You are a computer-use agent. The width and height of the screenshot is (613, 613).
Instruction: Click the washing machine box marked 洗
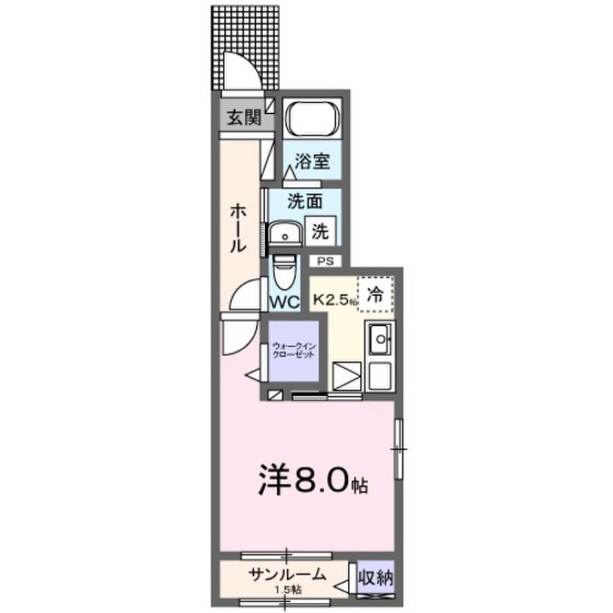[x=320, y=232]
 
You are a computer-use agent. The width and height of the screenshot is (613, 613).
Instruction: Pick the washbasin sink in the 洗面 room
[x=285, y=233]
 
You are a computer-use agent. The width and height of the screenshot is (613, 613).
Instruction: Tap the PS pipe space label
[x=325, y=261]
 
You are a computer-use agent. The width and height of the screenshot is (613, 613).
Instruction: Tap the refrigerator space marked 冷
[x=375, y=296]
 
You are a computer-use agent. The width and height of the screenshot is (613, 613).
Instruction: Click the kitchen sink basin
[x=380, y=341]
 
